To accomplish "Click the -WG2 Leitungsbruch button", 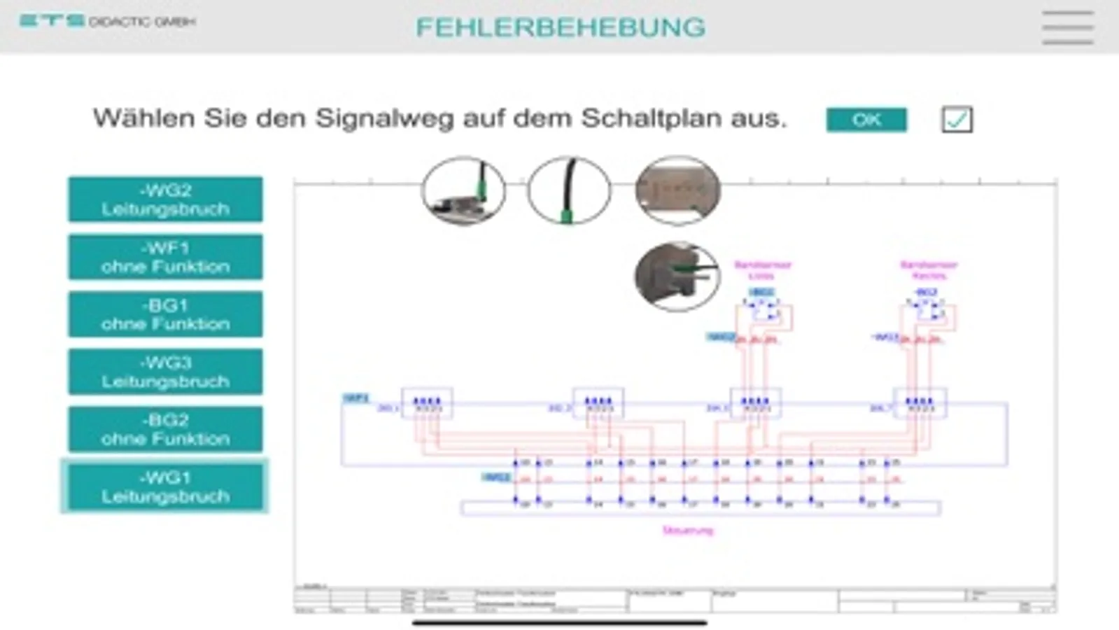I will coord(165,199).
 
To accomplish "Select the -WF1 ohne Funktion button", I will coord(165,257).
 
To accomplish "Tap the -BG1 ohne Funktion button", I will coord(165,314).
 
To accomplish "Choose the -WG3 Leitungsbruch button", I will coord(165,372).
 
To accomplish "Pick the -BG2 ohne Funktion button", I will coord(165,429).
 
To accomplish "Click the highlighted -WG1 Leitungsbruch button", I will coord(165,486).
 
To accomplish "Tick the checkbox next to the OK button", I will coord(957,119).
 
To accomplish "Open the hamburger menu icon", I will coord(1067,27).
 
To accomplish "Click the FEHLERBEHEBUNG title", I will coord(560,27).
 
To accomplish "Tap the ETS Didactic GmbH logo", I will coord(107,21).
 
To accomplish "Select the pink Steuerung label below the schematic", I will coord(687,531).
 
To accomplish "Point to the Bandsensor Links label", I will coord(762,269).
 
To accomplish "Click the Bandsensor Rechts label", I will coord(928,269).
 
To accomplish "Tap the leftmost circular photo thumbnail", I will coord(463,190).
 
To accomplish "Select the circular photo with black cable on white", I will coord(569,190).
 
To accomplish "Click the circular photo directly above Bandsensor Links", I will coord(677,276).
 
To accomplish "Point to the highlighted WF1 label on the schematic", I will coord(356,398).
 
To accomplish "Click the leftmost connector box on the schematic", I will coord(426,403).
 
